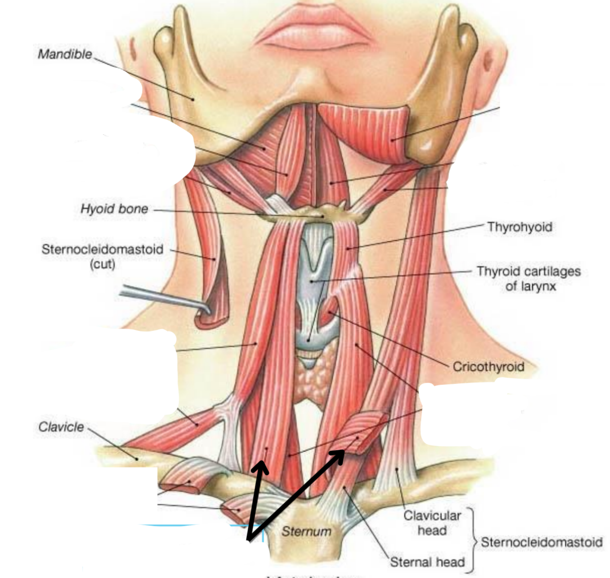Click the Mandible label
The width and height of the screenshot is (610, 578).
coord(65,54)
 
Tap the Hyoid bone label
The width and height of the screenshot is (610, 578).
coord(114,209)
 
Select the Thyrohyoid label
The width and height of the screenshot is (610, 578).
coord(520,227)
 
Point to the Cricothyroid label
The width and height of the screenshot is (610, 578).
coord(488,366)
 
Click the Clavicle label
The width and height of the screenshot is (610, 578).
coord(61,427)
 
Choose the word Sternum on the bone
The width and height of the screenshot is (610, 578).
coord(306,531)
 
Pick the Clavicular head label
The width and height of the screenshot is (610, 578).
coord(432,523)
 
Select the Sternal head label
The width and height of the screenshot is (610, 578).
coord(427,561)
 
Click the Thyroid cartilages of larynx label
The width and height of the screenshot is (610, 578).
coord(529,278)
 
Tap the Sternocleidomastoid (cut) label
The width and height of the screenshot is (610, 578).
coord(102,256)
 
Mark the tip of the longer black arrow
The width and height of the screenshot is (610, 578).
coord(343,452)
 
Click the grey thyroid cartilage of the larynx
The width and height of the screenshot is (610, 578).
coord(311,273)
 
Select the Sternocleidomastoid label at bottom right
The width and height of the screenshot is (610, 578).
coord(541,542)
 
